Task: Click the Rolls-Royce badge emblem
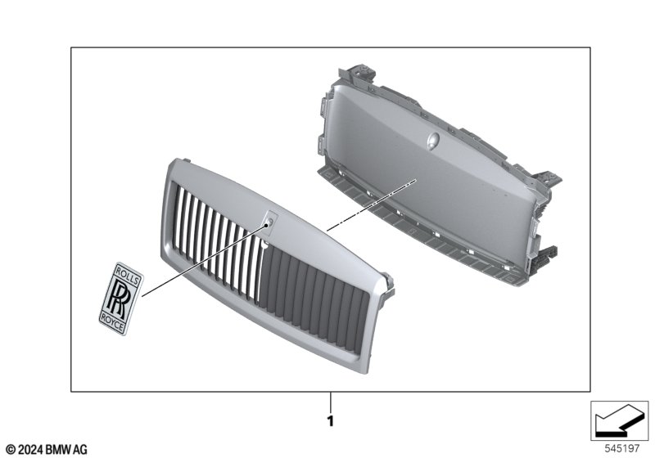tap(121, 299)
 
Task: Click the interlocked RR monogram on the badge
tap(120, 299)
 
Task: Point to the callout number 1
tap(331, 421)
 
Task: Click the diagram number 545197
tap(622, 449)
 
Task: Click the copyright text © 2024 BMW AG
tap(47, 450)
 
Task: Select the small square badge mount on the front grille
tap(270, 220)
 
